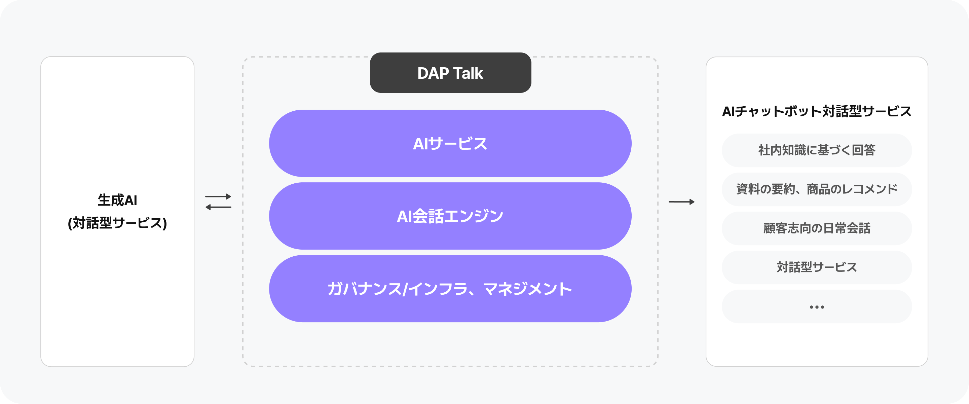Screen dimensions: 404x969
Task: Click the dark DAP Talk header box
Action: (450, 73)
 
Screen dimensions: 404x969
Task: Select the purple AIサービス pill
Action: (450, 143)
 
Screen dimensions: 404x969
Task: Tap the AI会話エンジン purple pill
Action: (450, 216)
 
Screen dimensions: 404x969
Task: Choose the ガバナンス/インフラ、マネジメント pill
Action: (450, 289)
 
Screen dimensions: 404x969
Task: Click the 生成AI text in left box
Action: (117, 200)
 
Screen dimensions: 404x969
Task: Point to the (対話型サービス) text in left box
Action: (117, 223)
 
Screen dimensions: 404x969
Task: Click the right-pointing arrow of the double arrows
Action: (218, 196)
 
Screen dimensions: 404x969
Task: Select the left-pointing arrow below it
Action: (218, 207)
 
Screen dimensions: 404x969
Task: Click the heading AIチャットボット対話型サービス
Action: (817, 111)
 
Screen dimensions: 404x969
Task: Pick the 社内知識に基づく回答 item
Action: (817, 150)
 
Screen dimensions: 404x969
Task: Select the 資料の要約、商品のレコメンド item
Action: (817, 189)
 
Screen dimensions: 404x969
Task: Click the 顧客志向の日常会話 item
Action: (817, 228)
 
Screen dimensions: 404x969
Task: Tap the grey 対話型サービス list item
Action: (817, 267)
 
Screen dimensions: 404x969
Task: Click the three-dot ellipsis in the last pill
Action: (817, 307)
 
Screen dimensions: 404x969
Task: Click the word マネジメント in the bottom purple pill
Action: (527, 289)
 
